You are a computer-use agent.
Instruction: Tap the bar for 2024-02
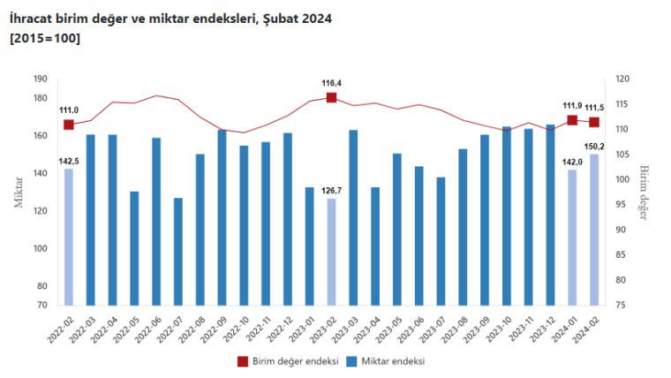(594, 230)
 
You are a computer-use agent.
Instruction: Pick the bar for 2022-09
(222, 217)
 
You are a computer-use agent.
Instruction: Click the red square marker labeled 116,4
(331, 97)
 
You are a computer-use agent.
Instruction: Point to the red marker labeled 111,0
(68, 125)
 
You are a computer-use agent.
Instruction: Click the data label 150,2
(593, 146)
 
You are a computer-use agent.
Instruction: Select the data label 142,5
(68, 161)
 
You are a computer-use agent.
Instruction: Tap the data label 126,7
(331, 190)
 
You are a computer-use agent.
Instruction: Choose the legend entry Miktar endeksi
(390, 361)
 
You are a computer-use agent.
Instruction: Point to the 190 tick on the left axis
(40, 79)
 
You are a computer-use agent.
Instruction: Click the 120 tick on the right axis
(621, 79)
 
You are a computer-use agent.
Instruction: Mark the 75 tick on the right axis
(621, 305)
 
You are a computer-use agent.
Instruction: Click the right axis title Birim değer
(645, 193)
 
